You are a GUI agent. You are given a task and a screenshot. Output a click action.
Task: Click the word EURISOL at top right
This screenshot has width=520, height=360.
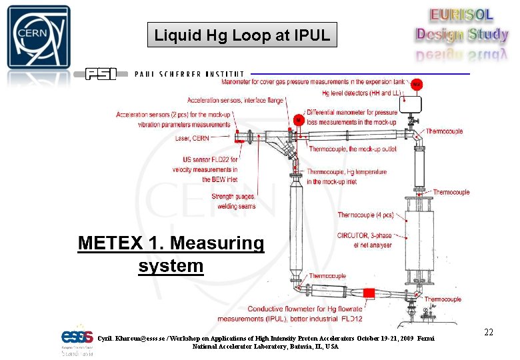tap(461, 15)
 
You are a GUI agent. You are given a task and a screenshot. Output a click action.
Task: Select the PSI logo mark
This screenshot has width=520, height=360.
tap(101, 74)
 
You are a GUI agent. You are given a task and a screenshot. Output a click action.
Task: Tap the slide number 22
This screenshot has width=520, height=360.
tap(488, 332)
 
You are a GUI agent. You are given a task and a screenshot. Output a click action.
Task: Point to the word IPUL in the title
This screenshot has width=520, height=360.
tap(311, 35)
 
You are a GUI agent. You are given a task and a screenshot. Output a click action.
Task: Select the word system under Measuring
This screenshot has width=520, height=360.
tap(171, 266)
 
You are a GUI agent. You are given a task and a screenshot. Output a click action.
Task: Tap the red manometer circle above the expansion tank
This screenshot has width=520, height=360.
tap(416, 85)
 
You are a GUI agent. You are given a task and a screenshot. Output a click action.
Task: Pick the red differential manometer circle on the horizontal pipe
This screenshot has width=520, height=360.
tap(299, 120)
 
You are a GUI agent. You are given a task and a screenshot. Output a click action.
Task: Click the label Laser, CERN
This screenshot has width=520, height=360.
tap(192, 139)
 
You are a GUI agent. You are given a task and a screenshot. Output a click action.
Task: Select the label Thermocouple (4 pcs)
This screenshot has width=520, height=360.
tap(365, 215)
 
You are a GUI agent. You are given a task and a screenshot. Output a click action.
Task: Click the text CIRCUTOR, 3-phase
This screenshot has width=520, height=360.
tap(364, 235)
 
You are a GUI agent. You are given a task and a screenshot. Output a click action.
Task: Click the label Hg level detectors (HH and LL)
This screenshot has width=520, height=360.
tap(359, 93)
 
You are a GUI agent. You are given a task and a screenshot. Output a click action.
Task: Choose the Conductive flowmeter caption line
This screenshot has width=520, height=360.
tap(305, 309)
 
